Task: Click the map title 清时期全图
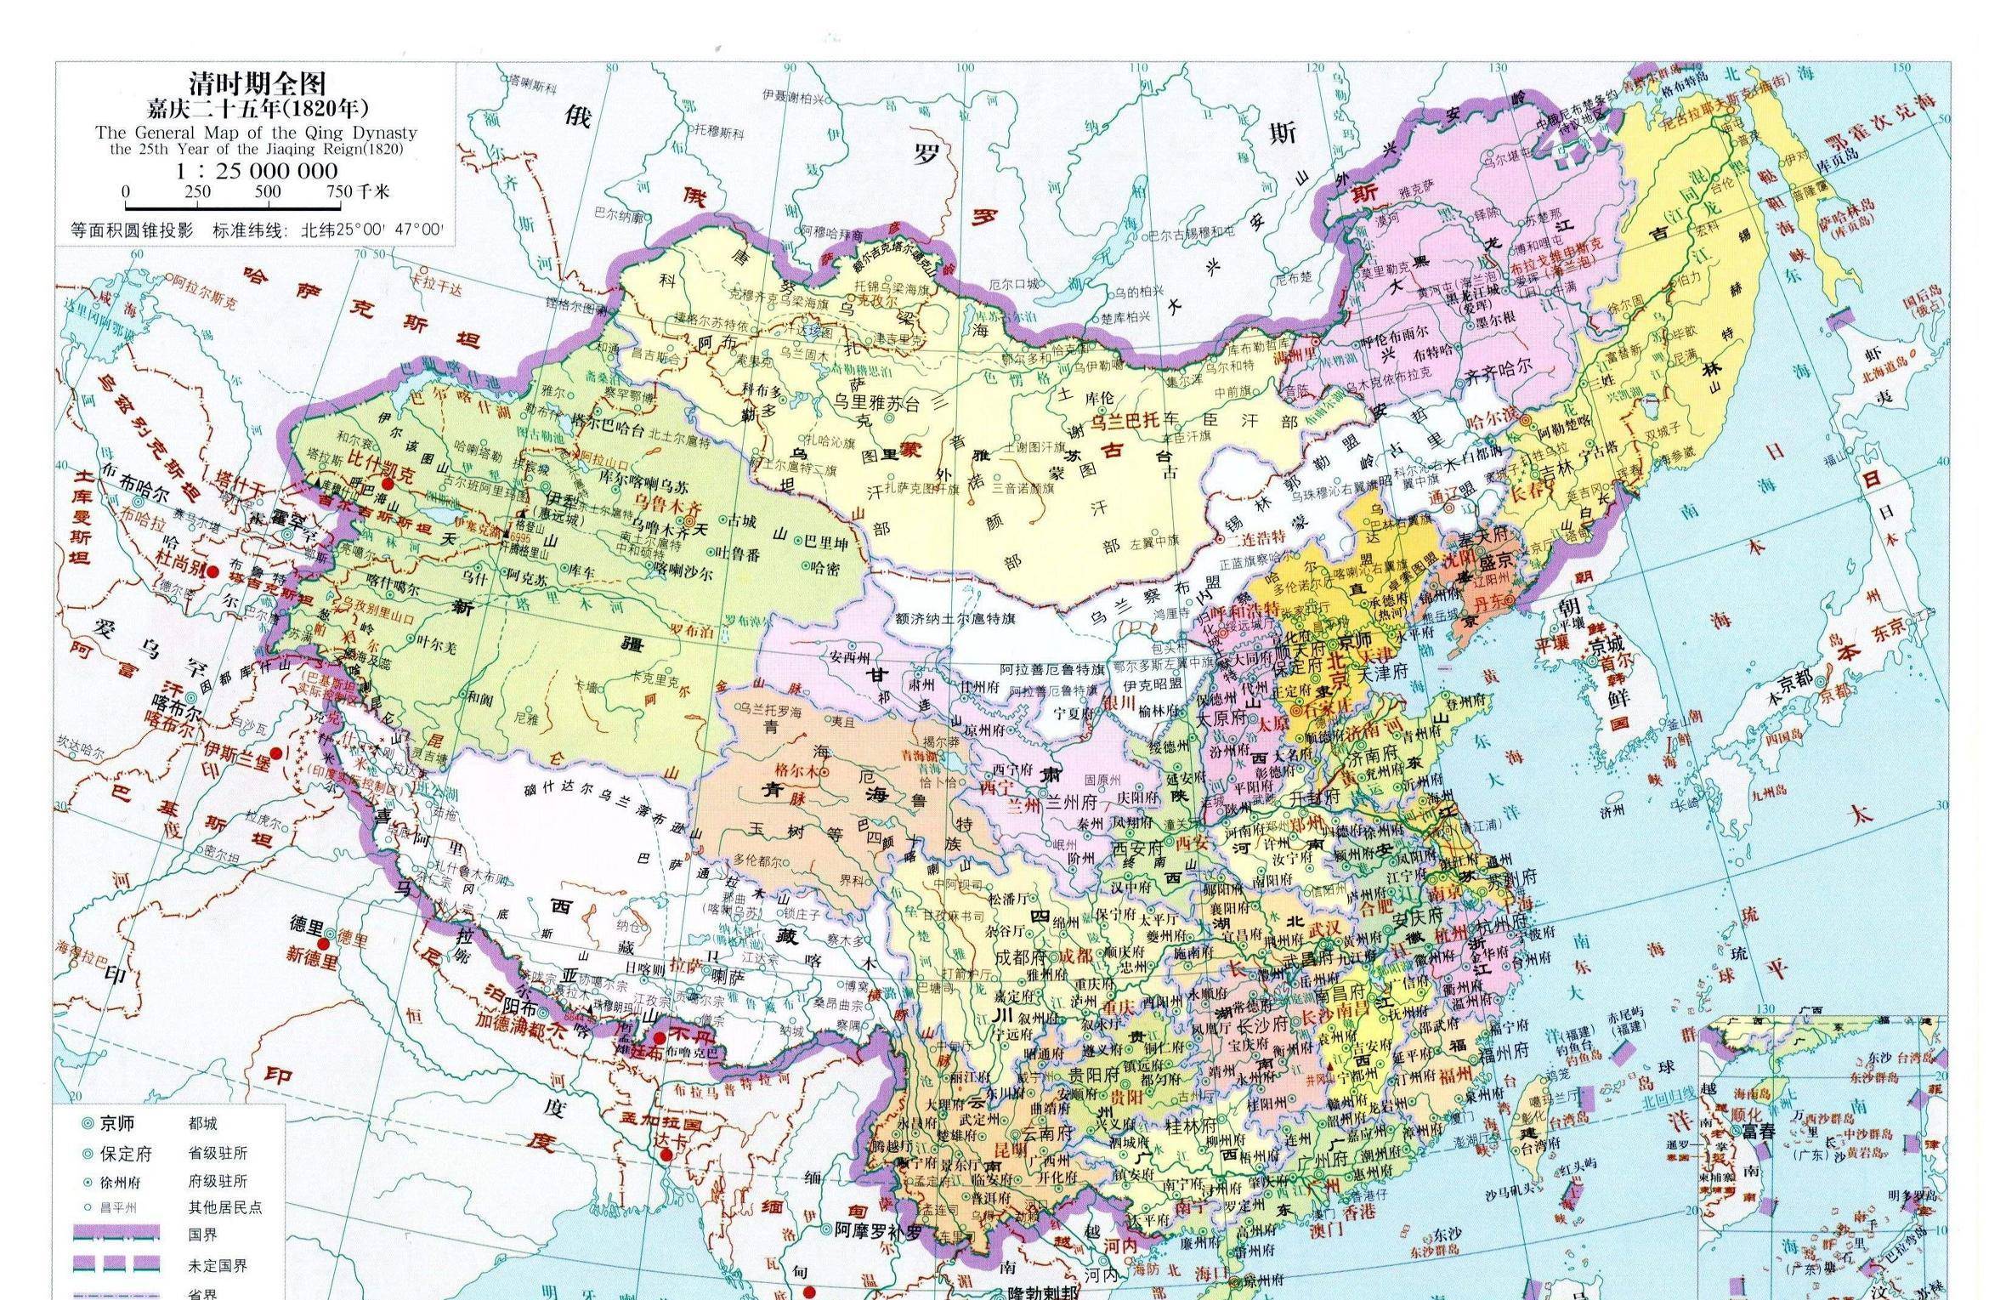pos(257,83)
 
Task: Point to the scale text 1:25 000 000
pos(257,170)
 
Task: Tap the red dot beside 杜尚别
pos(212,572)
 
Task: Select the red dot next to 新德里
pos(323,944)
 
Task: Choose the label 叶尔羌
pos(436,647)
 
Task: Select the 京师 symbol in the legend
pos(87,1122)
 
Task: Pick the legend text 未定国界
pos(218,1265)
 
